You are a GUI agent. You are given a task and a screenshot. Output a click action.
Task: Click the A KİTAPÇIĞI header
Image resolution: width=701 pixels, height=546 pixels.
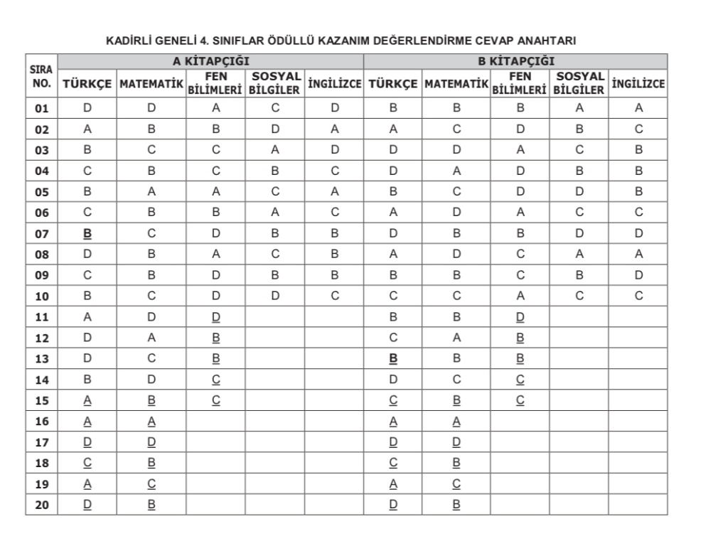click(x=210, y=61)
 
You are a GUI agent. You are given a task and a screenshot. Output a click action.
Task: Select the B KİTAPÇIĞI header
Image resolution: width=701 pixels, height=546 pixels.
click(x=515, y=61)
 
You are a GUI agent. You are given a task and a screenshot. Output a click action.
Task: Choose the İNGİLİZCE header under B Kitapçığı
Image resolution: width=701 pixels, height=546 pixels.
click(x=638, y=85)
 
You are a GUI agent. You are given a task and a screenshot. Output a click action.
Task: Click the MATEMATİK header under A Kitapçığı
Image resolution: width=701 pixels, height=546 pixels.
click(x=151, y=85)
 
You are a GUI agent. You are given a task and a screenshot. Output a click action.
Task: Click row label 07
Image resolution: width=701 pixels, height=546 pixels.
click(x=41, y=232)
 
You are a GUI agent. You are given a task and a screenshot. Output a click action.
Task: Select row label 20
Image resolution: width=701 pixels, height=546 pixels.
click(x=41, y=505)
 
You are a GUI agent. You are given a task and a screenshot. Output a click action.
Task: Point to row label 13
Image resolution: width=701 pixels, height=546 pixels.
click(x=41, y=359)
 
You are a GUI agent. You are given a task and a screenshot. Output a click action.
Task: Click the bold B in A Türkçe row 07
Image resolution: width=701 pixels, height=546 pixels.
click(x=87, y=232)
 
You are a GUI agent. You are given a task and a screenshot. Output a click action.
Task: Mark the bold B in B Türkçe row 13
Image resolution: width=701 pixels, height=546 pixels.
click(x=393, y=359)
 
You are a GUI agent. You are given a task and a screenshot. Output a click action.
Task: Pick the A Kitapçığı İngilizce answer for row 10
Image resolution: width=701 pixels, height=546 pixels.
click(x=334, y=296)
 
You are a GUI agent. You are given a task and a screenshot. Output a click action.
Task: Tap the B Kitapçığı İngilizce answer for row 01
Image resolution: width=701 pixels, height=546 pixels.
click(x=638, y=108)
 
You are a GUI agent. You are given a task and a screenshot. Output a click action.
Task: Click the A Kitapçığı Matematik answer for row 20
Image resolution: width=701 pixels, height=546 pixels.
click(x=151, y=505)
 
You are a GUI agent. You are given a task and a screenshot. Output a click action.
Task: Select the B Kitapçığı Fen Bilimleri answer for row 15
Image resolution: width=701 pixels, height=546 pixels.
click(x=520, y=400)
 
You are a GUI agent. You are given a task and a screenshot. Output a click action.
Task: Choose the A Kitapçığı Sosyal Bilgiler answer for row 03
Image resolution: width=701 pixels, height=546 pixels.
click(x=274, y=150)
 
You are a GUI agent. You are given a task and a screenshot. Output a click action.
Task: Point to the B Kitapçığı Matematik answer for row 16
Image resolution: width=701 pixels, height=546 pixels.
click(x=456, y=422)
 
